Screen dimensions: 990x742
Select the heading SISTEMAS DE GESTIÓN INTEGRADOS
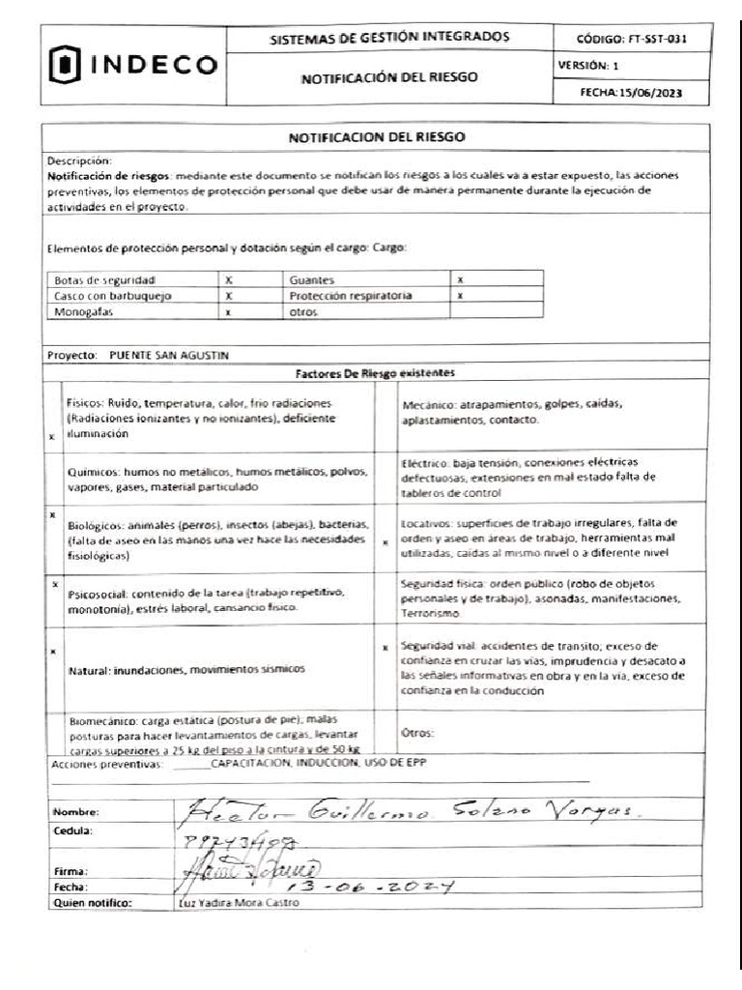point(388,37)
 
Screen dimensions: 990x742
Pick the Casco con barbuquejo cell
point(106,296)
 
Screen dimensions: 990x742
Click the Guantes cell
point(311,278)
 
